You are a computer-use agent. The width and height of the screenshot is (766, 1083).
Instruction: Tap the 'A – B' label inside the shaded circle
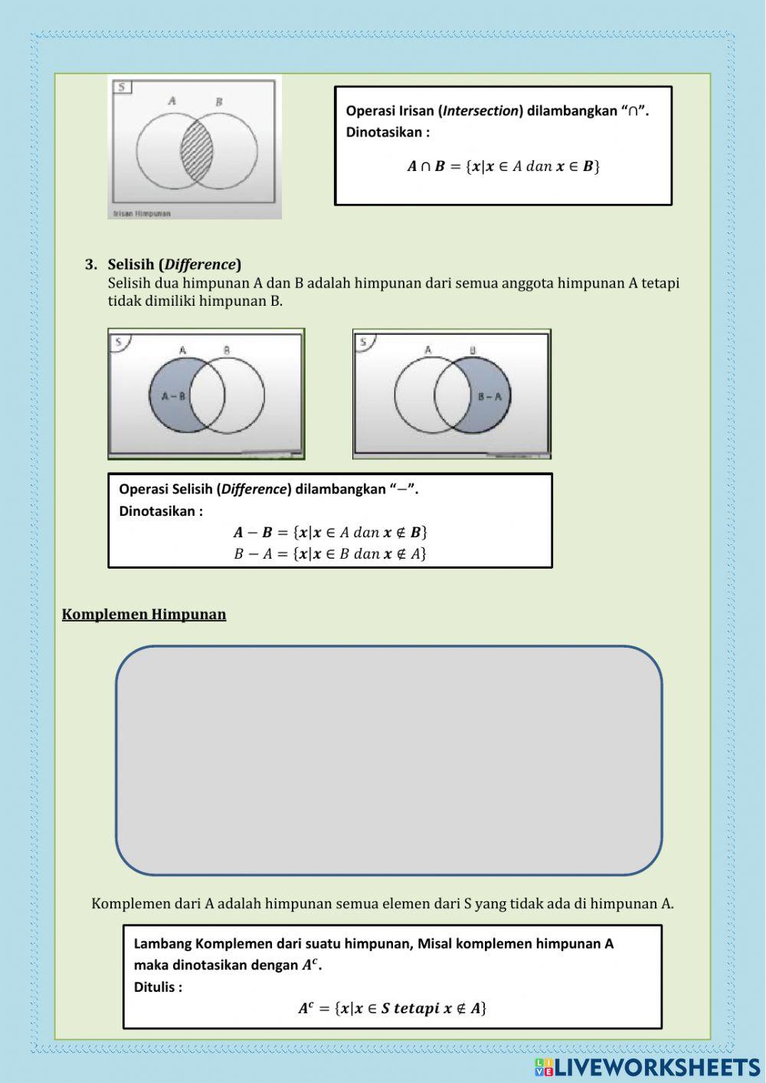pyautogui.click(x=172, y=396)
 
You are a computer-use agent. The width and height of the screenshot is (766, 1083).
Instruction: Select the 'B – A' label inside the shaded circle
pyautogui.click(x=489, y=396)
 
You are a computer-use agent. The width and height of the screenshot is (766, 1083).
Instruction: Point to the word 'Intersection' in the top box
pyautogui.click(x=481, y=111)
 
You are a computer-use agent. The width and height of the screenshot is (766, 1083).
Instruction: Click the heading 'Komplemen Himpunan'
pyautogui.click(x=144, y=615)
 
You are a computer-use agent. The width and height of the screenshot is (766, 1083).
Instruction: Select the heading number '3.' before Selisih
pyautogui.click(x=91, y=265)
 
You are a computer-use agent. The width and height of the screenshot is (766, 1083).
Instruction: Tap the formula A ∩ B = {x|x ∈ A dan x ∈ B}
pyautogui.click(x=502, y=166)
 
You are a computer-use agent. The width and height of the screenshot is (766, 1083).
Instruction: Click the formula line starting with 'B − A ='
pyautogui.click(x=329, y=553)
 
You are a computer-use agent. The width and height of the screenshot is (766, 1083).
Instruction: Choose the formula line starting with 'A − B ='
pyautogui.click(x=329, y=532)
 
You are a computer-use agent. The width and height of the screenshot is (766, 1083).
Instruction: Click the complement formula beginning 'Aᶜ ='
pyautogui.click(x=392, y=1009)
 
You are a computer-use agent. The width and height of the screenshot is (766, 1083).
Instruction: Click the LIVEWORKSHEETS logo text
pyautogui.click(x=655, y=1067)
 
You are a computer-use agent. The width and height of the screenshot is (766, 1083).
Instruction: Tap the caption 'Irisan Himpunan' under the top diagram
pyautogui.click(x=142, y=214)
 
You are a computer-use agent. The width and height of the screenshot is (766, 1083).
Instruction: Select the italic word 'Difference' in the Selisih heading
pyautogui.click(x=200, y=265)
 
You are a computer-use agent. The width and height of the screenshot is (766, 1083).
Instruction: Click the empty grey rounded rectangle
pyautogui.click(x=388, y=760)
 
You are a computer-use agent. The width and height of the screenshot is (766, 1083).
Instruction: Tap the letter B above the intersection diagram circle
pyautogui.click(x=219, y=102)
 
